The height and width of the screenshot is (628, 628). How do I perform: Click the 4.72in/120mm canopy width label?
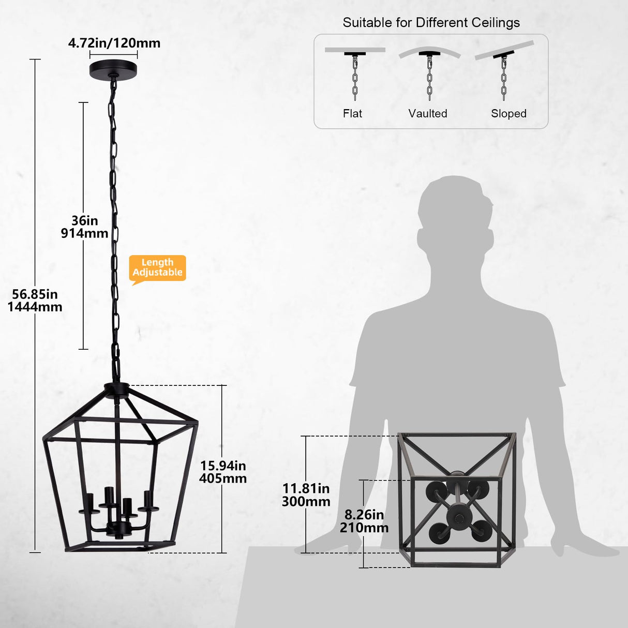(x=114, y=43)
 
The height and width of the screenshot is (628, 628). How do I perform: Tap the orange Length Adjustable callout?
(x=157, y=268)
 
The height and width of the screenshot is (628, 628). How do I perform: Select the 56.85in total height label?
(x=35, y=294)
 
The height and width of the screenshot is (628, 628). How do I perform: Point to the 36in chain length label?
(x=85, y=221)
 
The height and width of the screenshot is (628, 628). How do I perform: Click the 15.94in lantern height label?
(x=223, y=466)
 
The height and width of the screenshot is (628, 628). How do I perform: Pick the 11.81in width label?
(x=306, y=488)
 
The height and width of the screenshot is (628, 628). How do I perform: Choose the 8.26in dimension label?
(x=364, y=515)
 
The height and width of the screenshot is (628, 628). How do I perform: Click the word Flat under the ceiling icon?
(x=352, y=113)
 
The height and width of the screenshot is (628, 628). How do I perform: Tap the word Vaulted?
(x=428, y=113)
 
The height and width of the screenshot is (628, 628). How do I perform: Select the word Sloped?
(x=509, y=113)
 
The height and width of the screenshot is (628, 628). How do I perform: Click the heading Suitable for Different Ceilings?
(x=431, y=23)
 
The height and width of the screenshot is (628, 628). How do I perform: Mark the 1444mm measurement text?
(x=35, y=307)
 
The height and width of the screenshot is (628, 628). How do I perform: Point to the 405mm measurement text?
(x=223, y=479)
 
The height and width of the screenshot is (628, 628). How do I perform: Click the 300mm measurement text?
(x=306, y=501)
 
